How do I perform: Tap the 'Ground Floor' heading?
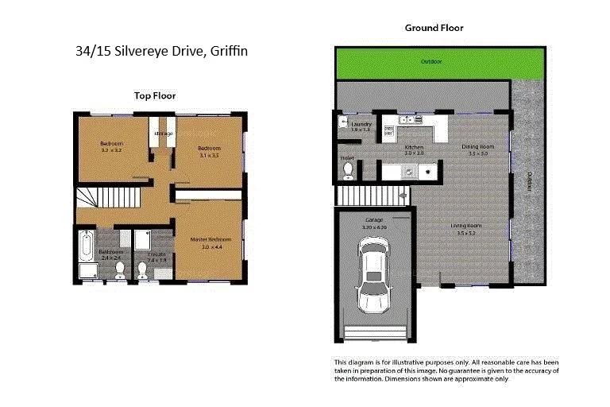[434, 28]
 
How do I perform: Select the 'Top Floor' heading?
[155, 95]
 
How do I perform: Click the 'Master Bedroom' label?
[210, 239]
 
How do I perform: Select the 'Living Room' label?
[470, 226]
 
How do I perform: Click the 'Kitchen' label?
[414, 148]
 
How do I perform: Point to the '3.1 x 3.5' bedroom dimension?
[209, 156]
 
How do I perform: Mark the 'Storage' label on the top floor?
[163, 134]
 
